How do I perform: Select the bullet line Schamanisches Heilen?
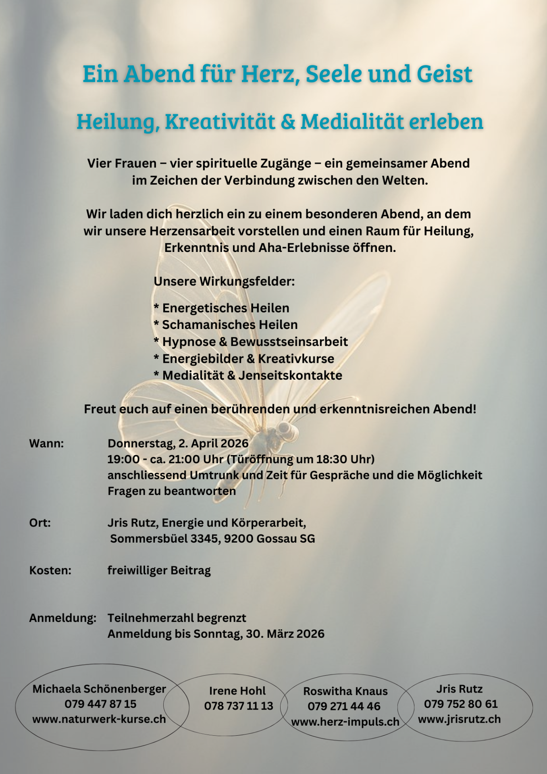[x=226, y=325]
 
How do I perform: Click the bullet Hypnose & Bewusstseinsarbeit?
[x=251, y=342]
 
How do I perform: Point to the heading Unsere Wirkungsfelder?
[x=224, y=281]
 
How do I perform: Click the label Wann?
[x=46, y=444]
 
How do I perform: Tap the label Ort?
[x=40, y=523]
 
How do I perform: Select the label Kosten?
[x=50, y=571]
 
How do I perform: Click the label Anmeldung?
[x=62, y=618]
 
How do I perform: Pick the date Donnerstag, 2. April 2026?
[x=178, y=444]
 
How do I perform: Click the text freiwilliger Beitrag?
[x=159, y=571]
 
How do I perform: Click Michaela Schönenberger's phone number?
[x=100, y=704]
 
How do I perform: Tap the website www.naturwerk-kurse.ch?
[x=99, y=720]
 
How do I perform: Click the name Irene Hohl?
[x=237, y=691]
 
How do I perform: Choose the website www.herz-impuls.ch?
[x=345, y=722]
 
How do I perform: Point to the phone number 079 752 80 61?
[x=461, y=704]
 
